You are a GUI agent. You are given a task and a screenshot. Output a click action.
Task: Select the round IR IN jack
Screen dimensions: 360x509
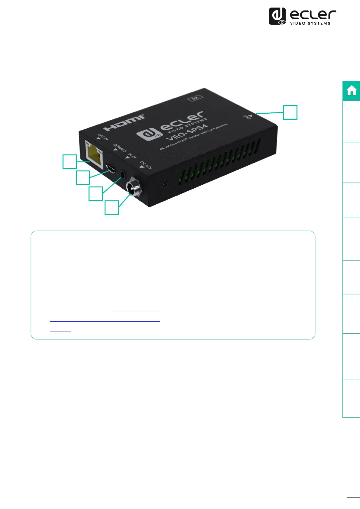click(x=123, y=175)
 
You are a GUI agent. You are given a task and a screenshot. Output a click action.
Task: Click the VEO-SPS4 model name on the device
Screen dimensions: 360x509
click(x=187, y=132)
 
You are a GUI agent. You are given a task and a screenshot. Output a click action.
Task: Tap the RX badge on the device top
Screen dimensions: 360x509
click(x=195, y=98)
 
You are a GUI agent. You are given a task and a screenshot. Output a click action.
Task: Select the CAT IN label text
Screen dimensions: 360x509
click(x=103, y=137)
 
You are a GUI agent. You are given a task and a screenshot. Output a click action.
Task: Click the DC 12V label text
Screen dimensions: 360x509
click(x=146, y=165)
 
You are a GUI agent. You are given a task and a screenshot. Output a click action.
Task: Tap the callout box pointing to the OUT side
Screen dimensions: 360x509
click(x=290, y=112)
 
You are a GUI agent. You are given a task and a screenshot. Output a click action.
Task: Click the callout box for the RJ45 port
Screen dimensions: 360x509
click(x=70, y=161)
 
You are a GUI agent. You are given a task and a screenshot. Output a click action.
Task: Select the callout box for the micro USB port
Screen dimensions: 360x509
click(x=83, y=178)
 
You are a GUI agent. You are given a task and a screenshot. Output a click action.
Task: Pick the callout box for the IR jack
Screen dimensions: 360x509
click(x=96, y=193)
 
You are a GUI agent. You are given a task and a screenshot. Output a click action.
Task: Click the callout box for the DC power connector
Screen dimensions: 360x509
click(x=112, y=208)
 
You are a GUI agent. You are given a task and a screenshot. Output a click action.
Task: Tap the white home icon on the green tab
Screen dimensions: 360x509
click(x=352, y=91)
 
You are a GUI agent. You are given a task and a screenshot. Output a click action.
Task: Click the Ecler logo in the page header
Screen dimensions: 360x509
click(x=302, y=16)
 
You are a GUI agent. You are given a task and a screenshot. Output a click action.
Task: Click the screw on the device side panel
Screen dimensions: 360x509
click(x=164, y=183)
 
